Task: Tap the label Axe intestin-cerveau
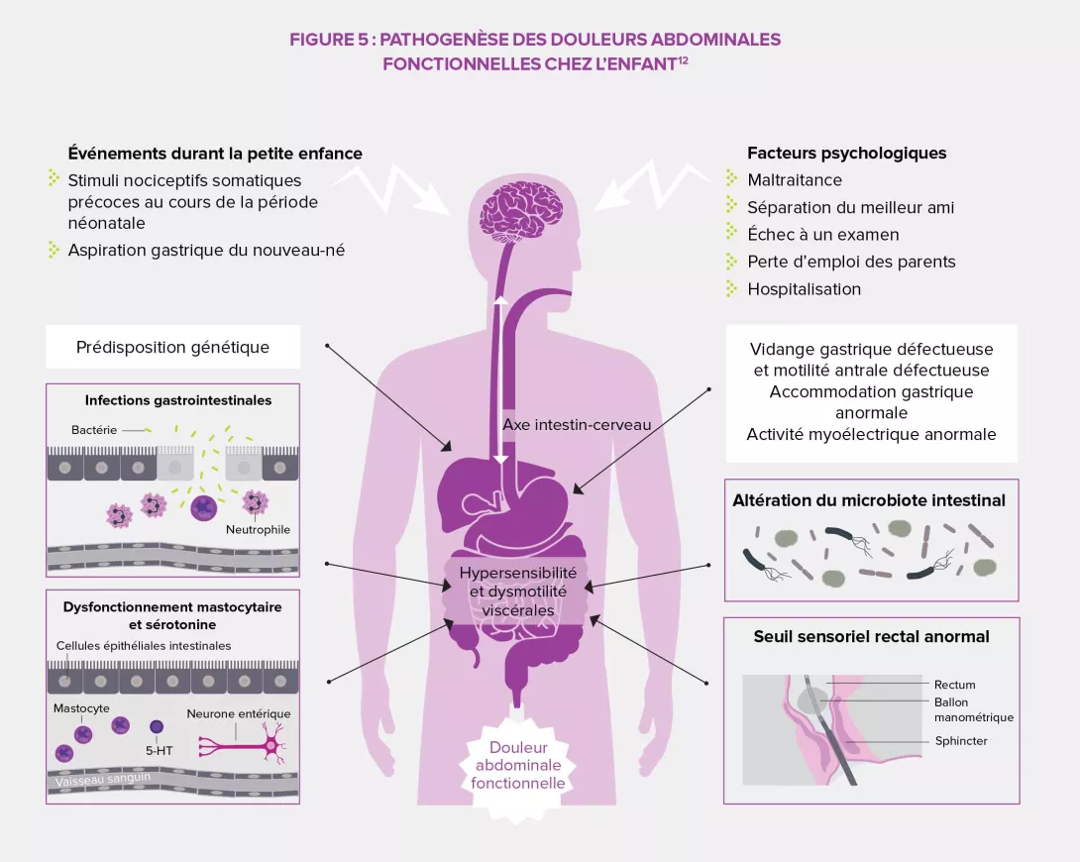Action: point(576,424)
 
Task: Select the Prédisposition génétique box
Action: point(172,348)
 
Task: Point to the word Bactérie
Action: point(94,430)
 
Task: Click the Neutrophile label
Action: point(258,529)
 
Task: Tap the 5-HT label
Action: point(159,750)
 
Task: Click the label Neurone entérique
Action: point(239,713)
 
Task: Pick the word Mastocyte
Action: point(81,708)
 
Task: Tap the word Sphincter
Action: point(961,741)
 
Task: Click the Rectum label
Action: point(954,685)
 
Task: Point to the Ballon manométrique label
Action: point(973,709)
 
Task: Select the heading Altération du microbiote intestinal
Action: point(869,500)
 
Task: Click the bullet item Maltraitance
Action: point(795,180)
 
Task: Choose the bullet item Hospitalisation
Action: point(804,289)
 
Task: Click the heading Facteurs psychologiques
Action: point(846,153)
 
